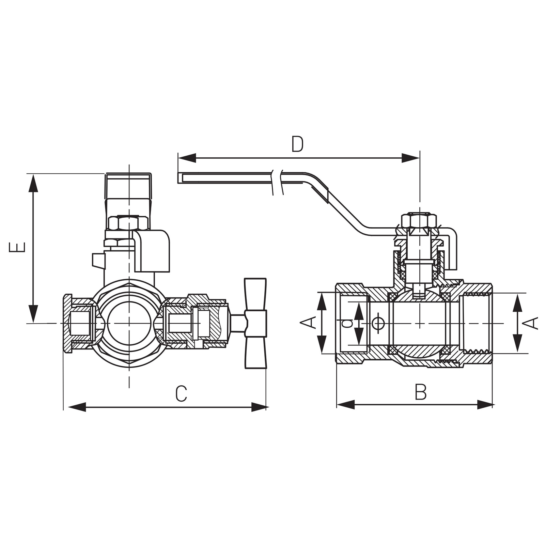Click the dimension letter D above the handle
coord(297,144)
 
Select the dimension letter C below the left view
coord(181,393)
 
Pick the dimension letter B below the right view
coord(421,392)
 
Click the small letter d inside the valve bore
coord(347,323)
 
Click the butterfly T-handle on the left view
coord(255,323)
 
